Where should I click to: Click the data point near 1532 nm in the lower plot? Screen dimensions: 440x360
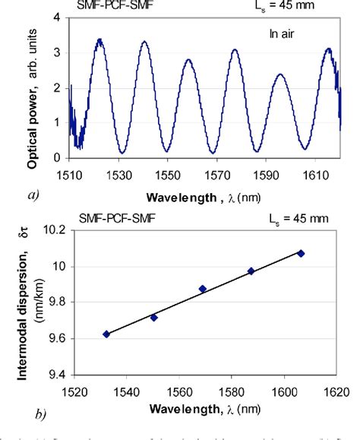[x=106, y=334]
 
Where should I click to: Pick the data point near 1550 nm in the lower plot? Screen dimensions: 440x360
[x=154, y=317]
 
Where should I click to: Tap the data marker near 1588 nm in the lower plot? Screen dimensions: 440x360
[x=251, y=271]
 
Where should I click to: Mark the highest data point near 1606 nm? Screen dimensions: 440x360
[x=301, y=253]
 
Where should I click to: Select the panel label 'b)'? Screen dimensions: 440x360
[x=32, y=414]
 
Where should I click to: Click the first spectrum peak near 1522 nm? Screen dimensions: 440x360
[x=98, y=40]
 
